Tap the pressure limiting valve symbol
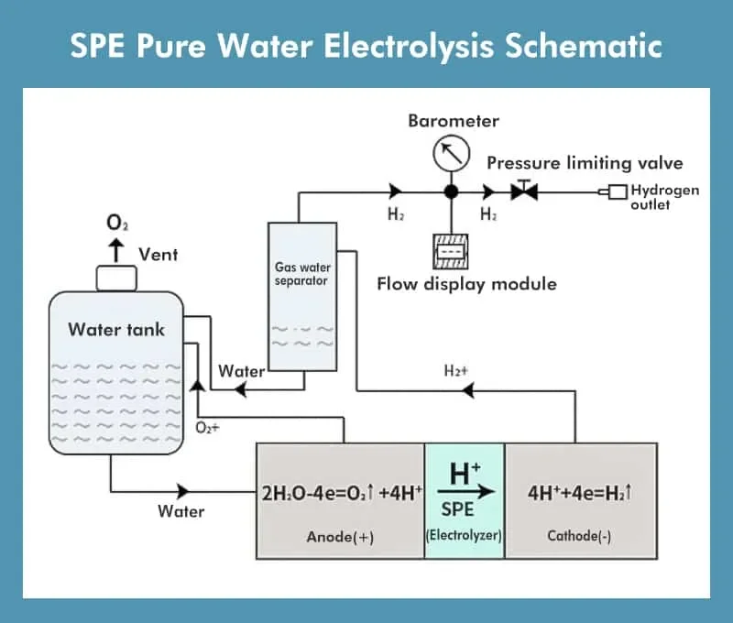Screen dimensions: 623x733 tap(525, 192)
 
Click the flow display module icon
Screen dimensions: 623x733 tap(451, 250)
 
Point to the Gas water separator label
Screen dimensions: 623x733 tap(301, 274)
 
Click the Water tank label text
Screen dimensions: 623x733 tap(116, 329)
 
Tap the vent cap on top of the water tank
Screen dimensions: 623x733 tap(116, 277)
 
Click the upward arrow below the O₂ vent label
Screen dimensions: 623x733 tap(116, 248)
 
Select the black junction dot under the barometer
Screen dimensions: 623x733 tap(451, 192)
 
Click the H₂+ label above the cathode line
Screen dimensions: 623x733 tap(456, 371)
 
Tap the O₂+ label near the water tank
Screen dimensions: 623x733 tap(209, 427)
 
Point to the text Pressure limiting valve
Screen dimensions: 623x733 tap(585, 163)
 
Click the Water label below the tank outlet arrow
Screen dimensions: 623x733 tap(181, 511)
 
